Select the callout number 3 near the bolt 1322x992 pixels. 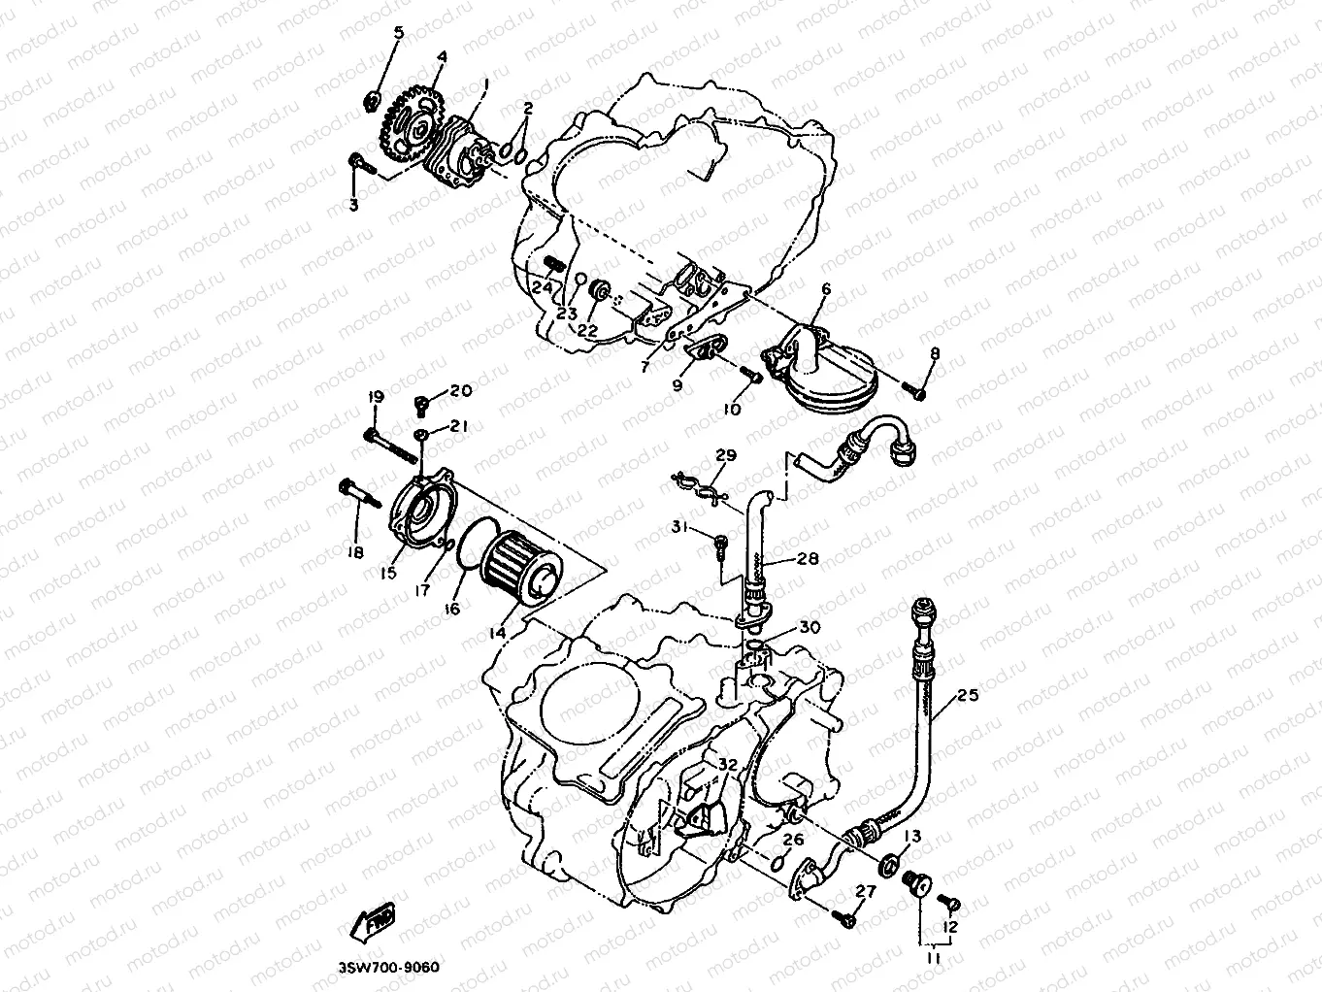coord(353,205)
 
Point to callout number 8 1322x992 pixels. coord(935,354)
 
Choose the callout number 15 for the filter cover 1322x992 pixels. coord(388,574)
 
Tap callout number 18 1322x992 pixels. coord(354,552)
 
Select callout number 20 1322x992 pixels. coord(460,390)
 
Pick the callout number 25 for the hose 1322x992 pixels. coord(968,695)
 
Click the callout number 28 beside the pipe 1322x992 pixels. coord(808,559)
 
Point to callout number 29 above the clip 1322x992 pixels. coord(726,455)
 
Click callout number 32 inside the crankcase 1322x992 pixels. coord(728,765)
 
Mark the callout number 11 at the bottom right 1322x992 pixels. coord(933,958)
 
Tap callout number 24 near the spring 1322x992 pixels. coord(542,288)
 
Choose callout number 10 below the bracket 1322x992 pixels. coord(731,410)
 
